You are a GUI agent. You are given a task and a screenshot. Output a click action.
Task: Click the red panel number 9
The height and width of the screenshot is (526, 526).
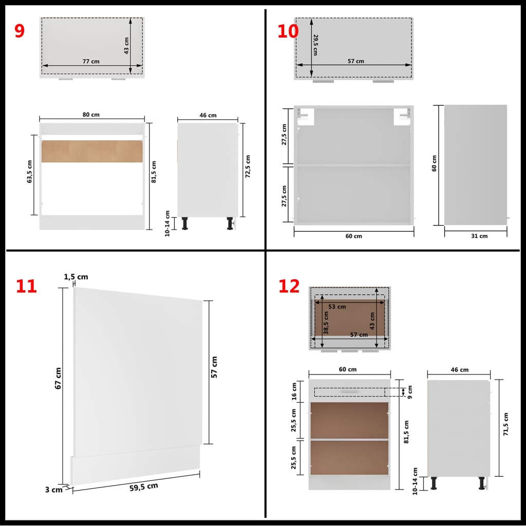(x=20, y=31)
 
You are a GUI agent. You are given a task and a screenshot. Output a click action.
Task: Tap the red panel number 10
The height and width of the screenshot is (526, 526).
(x=288, y=31)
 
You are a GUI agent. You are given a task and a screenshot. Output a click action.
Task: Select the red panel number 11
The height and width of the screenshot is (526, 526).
(x=26, y=286)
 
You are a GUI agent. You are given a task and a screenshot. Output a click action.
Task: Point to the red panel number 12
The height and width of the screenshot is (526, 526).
(x=289, y=286)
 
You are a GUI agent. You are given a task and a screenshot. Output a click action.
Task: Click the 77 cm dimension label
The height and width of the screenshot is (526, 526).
(x=91, y=61)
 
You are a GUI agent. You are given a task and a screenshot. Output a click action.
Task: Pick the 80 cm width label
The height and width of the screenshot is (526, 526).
(x=91, y=115)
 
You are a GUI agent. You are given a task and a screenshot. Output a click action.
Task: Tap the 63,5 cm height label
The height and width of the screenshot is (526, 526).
(x=30, y=172)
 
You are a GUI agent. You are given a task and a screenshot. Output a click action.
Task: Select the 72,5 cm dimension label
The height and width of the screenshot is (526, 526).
(x=248, y=166)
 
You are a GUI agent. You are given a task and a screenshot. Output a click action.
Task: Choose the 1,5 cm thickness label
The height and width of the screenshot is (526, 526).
(x=76, y=277)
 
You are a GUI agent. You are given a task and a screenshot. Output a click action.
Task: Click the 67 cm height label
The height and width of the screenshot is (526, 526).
(x=59, y=378)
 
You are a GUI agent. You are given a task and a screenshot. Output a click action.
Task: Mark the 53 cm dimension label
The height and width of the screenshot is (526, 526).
(x=337, y=307)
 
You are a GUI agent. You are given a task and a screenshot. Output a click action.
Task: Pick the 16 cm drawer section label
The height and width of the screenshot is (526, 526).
(x=294, y=391)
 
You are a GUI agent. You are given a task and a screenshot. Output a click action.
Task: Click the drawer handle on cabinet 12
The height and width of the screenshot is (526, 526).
(x=349, y=391)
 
